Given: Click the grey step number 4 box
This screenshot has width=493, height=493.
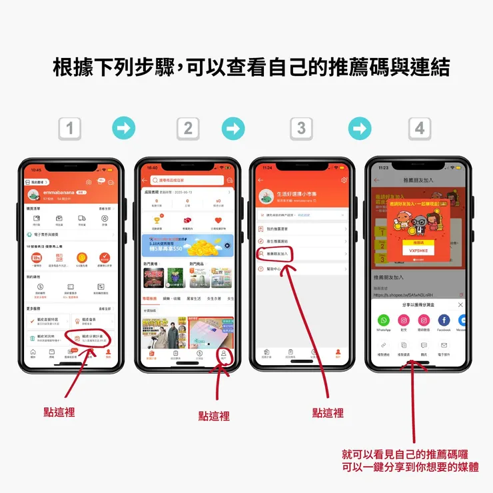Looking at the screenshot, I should pyautogui.click(x=419, y=128).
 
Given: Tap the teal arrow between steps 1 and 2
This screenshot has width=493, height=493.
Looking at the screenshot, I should pyautogui.click(x=124, y=128).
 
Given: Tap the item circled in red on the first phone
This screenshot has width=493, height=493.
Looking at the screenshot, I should pyautogui.click(x=91, y=338).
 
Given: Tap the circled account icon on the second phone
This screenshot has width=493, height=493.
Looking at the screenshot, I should pyautogui.click(x=224, y=354).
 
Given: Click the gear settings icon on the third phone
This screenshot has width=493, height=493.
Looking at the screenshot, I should pyautogui.click(x=344, y=180).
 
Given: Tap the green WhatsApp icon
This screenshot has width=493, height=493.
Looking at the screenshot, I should pyautogui.click(x=384, y=320).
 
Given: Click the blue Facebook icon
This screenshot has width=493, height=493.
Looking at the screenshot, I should pyautogui.click(x=444, y=320).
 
